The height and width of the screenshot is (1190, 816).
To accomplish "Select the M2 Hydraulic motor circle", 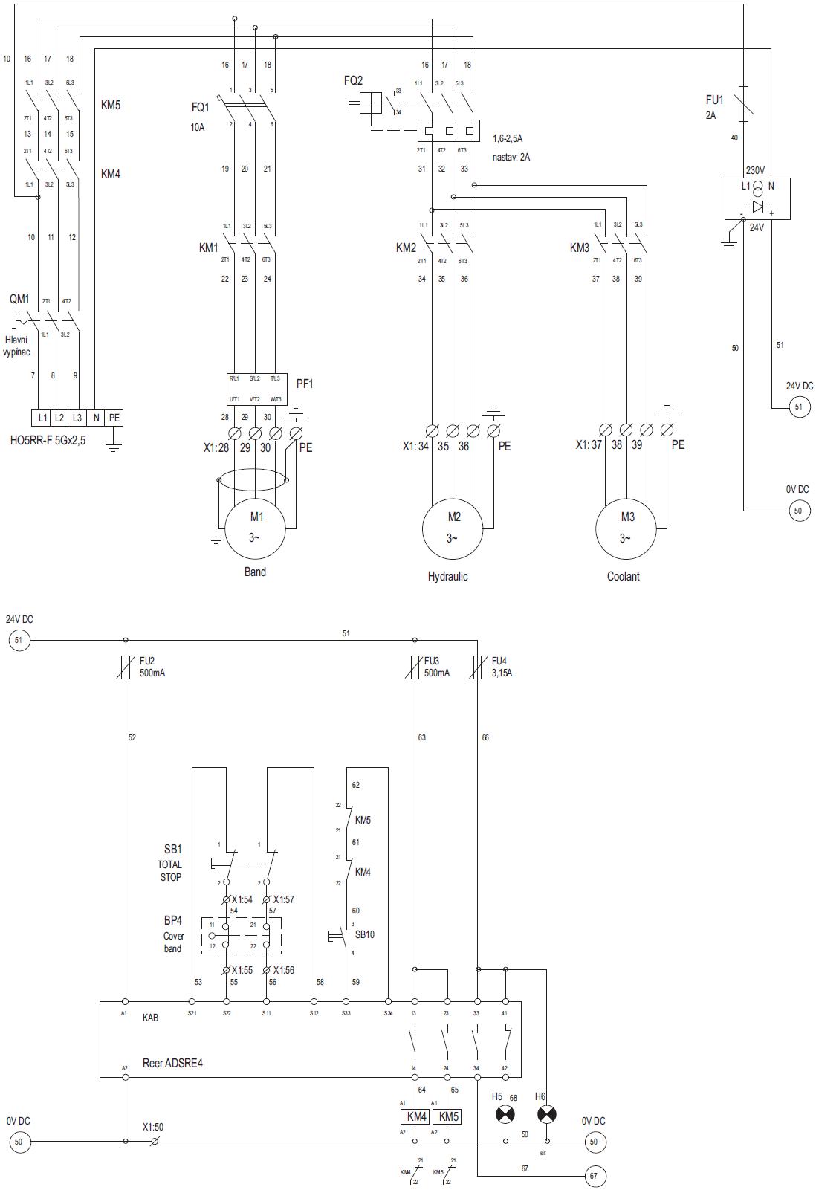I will [453, 528].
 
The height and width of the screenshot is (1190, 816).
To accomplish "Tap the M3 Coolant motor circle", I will [626, 528].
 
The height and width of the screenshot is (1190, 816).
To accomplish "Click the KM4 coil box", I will [415, 1117].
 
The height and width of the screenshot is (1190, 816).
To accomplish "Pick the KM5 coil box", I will [448, 1117].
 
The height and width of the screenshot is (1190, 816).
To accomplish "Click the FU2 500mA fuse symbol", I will [125, 667].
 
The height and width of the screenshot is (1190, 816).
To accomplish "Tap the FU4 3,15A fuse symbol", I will [477, 667].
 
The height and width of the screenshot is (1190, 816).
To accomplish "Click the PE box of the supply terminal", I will [114, 418].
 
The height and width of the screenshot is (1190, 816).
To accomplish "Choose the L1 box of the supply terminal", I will [42, 418].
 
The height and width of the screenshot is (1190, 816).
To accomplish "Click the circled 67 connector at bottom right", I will [593, 1177].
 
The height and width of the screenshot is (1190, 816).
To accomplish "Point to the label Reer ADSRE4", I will [172, 1064].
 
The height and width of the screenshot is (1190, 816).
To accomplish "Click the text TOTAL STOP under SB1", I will [170, 870].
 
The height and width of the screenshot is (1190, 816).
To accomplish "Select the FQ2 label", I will [353, 80].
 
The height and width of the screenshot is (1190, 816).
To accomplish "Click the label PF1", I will [305, 384].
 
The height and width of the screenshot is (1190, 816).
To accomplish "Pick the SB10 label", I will [364, 934].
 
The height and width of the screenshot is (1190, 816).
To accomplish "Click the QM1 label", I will [19, 299].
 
